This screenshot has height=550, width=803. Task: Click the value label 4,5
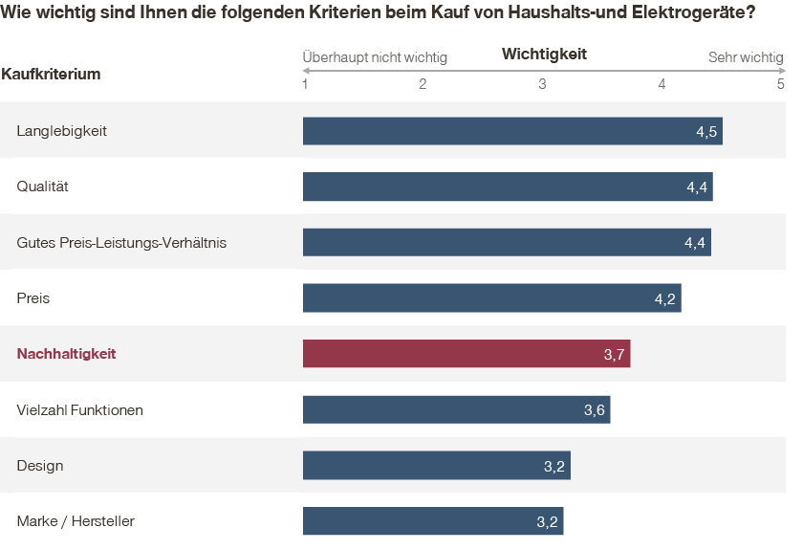(706, 131)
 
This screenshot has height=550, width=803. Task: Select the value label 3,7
(615, 355)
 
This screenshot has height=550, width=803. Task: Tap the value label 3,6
(595, 410)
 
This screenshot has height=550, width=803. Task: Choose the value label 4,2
(665, 299)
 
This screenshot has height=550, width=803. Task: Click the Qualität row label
(43, 187)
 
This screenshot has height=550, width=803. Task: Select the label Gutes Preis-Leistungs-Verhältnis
(121, 243)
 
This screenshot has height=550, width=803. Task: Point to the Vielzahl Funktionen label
(80, 410)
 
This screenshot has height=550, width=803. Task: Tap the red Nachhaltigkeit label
(66, 354)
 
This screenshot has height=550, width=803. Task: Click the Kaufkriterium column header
(52, 74)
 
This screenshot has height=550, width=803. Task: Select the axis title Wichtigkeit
(544, 55)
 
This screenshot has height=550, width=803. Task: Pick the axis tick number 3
(542, 84)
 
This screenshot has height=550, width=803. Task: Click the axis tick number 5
(781, 84)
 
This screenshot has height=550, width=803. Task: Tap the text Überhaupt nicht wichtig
(375, 57)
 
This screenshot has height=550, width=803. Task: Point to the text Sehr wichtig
(746, 57)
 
